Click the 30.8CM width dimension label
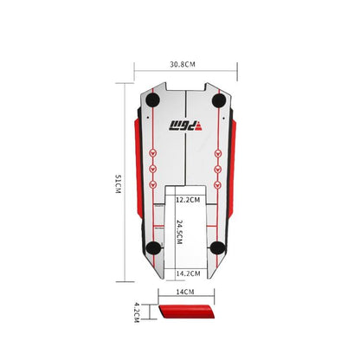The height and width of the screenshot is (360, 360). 183,64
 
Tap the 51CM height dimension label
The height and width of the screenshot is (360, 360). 119,183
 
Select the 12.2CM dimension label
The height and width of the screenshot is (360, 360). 188,200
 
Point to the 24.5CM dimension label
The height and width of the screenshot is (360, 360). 179,232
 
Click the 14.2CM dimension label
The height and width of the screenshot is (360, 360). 188,273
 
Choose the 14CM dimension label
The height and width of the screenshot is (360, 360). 185,292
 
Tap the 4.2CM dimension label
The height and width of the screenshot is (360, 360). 137,312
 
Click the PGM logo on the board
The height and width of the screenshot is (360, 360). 186,126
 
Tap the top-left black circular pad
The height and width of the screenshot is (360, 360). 152,100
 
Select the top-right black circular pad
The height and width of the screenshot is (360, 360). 219,100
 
